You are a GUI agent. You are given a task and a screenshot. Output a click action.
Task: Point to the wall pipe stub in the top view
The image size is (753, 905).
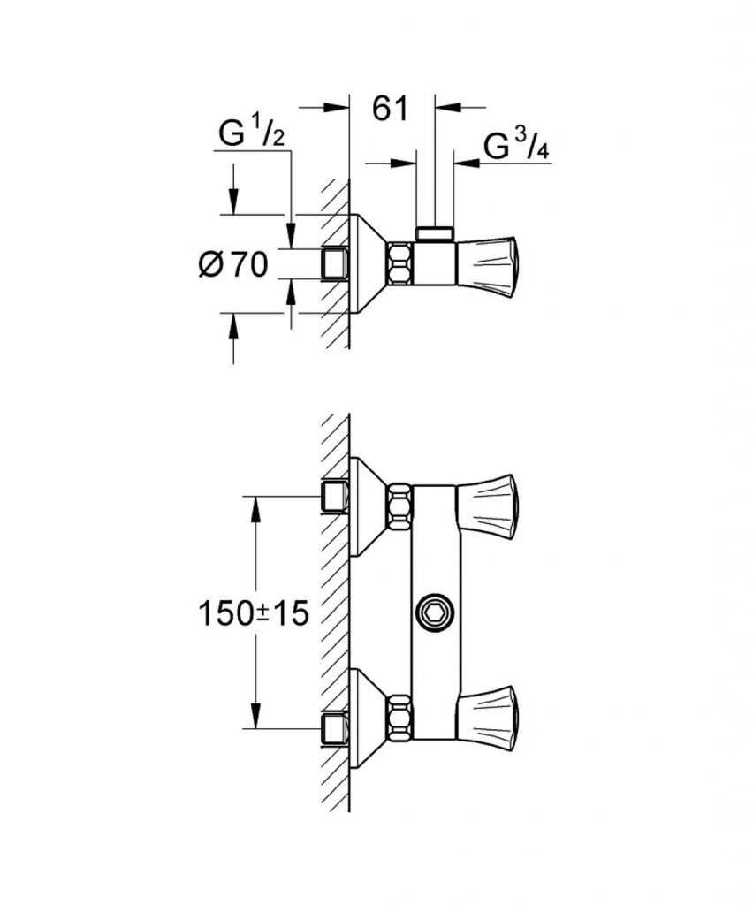tap(334, 263)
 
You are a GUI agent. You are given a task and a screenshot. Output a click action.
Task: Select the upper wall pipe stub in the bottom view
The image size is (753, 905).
tap(333, 497)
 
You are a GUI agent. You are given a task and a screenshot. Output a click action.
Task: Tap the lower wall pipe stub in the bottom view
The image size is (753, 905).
tap(333, 728)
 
